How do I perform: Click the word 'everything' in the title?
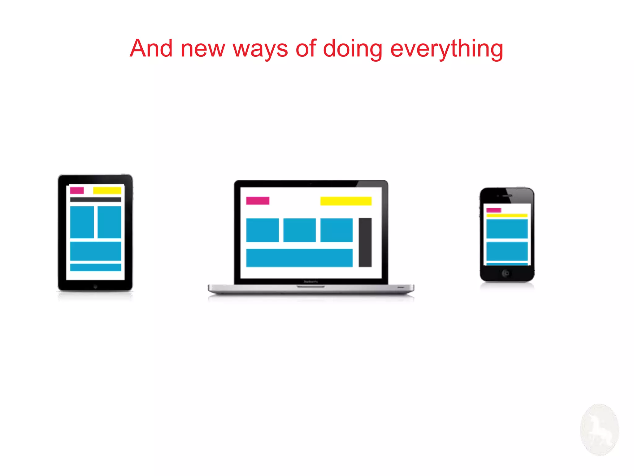pos(446,49)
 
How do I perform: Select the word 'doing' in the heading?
pos(353,49)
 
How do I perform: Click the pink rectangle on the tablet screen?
pos(77,190)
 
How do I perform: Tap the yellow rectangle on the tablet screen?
pos(107,190)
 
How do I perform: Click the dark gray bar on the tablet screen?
pos(95,200)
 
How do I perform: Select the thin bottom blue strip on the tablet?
pos(95,267)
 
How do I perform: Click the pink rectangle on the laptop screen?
pos(258,201)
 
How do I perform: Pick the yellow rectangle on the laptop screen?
pos(346,201)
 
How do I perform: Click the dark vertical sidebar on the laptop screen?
pos(365,242)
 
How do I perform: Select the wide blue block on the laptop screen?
pos(299,258)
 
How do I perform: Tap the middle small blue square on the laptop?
pos(299,230)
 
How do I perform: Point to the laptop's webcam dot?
pos(311,183)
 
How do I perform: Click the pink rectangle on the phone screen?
pos(493,210)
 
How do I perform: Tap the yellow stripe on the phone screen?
pos(507,215)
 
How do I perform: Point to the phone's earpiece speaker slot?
pos(507,196)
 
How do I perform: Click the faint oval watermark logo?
pos(599,430)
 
